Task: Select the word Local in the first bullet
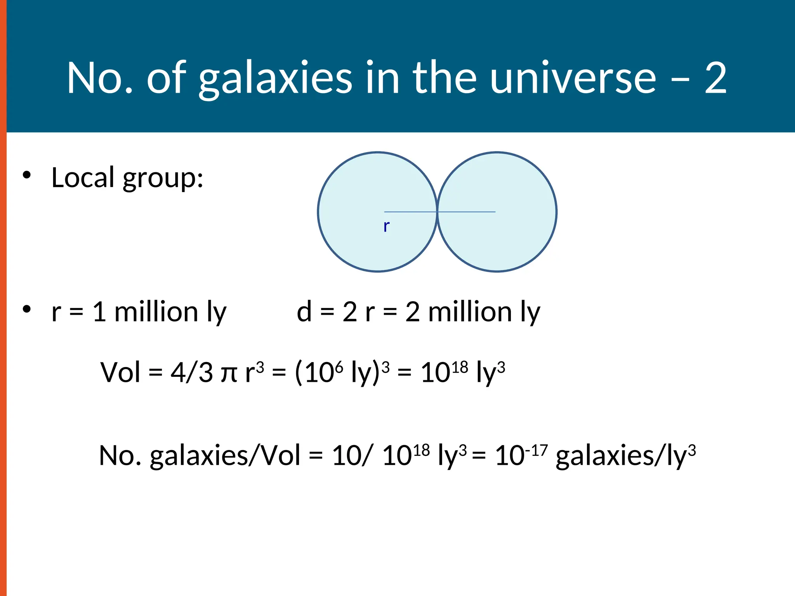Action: [x=83, y=178]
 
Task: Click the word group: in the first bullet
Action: [x=163, y=179]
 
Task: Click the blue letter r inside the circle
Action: [x=386, y=226]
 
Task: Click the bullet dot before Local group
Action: [x=26, y=175]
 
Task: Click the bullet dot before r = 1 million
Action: [x=26, y=309]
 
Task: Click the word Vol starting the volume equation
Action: [x=120, y=372]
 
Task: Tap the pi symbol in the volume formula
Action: [x=229, y=374]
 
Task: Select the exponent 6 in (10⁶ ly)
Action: [x=339, y=366]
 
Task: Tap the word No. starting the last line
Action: [x=120, y=456]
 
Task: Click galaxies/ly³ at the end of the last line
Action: [x=625, y=456]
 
